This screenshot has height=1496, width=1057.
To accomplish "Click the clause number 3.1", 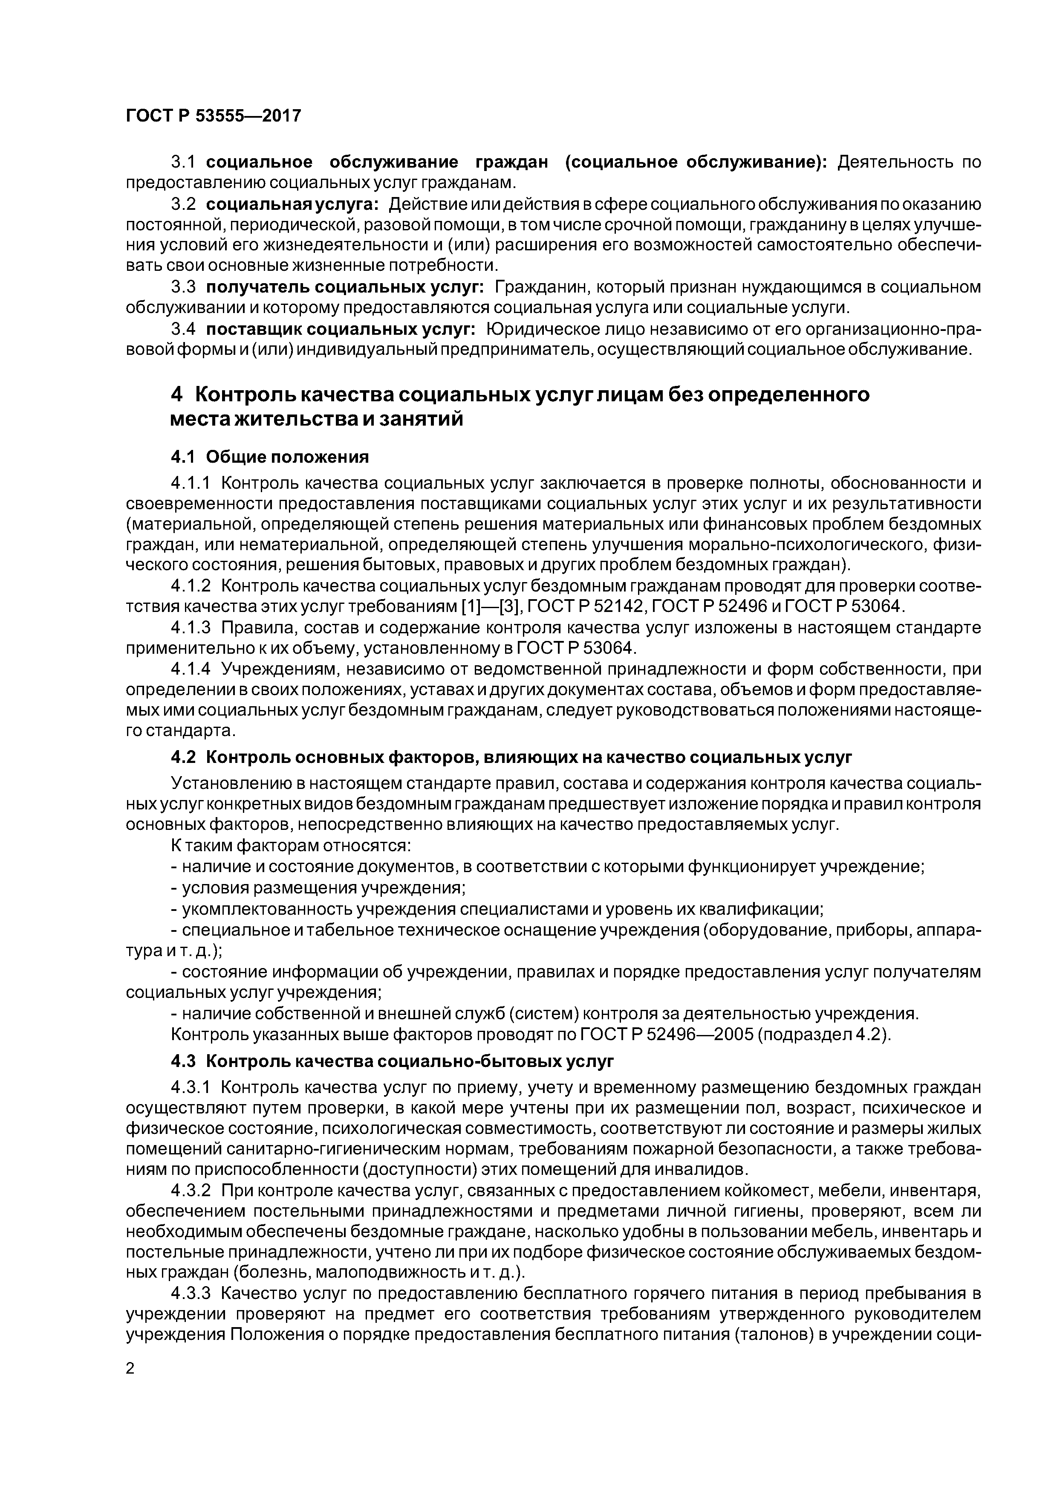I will [184, 162].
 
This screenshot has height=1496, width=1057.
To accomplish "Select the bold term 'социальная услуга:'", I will [292, 205].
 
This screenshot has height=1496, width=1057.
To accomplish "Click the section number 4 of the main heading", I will [176, 395].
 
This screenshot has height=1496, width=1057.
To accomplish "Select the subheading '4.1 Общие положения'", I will [270, 457].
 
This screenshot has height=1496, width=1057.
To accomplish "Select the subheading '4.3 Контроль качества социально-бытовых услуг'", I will [392, 1061].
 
